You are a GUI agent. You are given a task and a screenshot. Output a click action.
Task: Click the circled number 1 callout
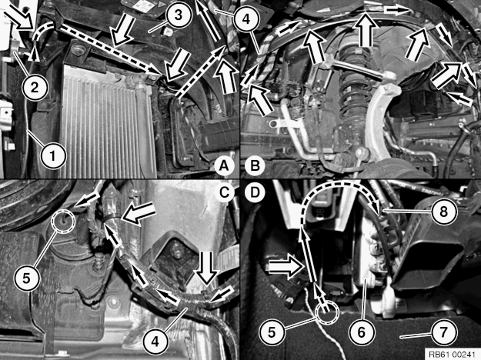52,155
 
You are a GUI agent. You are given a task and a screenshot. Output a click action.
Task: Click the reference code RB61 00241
452,353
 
